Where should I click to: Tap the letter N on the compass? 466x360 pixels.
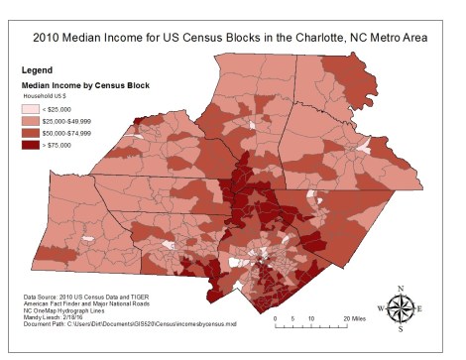pyautogui.click(x=401, y=289)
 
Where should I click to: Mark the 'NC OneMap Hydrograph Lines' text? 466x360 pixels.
pyautogui.click(x=65, y=310)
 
